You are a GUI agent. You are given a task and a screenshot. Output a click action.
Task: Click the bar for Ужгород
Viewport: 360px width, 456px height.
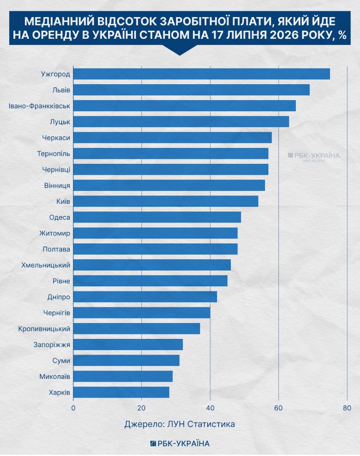202,74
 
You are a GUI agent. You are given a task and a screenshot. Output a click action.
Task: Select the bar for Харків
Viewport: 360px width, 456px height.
121,392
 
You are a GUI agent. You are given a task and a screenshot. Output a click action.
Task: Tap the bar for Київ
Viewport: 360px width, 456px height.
166,201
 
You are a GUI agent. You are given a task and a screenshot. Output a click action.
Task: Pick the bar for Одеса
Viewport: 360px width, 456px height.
157,217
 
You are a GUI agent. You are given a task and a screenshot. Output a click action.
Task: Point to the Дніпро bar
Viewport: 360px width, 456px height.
145,297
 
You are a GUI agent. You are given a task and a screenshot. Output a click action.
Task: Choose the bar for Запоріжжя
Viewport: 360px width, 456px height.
128,344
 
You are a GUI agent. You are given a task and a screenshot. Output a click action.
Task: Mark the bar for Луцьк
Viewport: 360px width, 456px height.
181,122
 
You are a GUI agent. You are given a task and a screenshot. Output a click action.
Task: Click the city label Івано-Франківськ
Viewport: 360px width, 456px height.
39,106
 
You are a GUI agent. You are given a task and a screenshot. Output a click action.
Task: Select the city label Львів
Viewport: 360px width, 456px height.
61,90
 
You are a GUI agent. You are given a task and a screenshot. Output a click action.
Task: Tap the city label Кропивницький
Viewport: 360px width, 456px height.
44,329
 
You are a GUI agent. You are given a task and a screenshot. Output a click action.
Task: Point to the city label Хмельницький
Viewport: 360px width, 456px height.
46,265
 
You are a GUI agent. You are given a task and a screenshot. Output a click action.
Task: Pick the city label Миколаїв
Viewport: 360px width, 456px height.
55,377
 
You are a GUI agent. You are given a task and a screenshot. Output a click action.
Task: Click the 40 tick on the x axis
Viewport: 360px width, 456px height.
210,408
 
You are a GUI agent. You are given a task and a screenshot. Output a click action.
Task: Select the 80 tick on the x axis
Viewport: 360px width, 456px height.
347,408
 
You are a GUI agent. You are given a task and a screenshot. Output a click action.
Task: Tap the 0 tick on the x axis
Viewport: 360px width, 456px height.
73,408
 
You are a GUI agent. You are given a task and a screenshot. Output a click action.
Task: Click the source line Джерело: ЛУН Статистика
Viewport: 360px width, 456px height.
180,424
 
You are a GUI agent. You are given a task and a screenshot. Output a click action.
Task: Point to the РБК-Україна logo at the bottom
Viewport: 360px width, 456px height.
180,443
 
